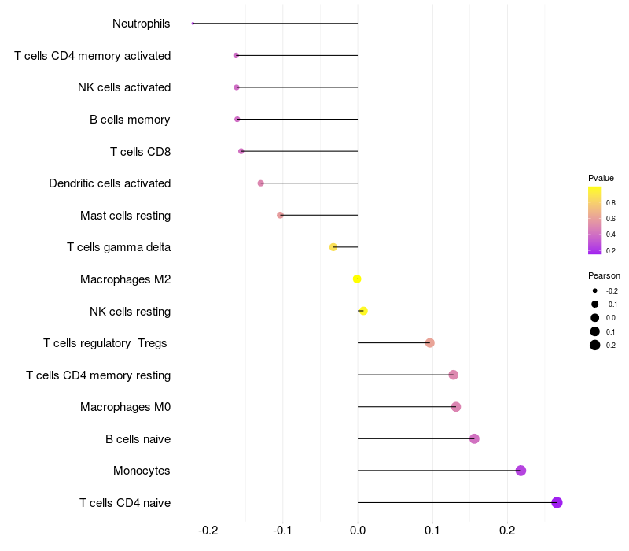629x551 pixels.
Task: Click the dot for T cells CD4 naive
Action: tap(557, 502)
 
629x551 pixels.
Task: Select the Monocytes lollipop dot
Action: tap(520, 471)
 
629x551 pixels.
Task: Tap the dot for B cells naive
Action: tap(474, 438)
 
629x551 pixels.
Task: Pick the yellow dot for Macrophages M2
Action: tap(357, 279)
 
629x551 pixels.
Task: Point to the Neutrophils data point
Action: tap(193, 24)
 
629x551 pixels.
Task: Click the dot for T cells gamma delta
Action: tap(333, 247)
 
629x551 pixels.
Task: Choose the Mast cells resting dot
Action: tap(280, 215)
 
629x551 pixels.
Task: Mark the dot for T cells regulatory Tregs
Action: tap(429, 342)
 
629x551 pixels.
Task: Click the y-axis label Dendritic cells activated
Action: tap(109, 183)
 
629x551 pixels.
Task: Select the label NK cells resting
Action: tap(130, 312)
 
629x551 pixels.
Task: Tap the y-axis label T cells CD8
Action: tap(140, 151)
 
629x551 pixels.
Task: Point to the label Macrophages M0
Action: tap(125, 407)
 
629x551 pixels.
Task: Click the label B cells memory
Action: tap(130, 120)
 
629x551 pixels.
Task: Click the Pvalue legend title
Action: tap(601, 178)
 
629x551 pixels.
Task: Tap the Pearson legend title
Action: tap(604, 275)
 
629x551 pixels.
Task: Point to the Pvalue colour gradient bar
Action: tap(595, 220)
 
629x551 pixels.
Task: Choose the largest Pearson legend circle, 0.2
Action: tap(595, 345)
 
